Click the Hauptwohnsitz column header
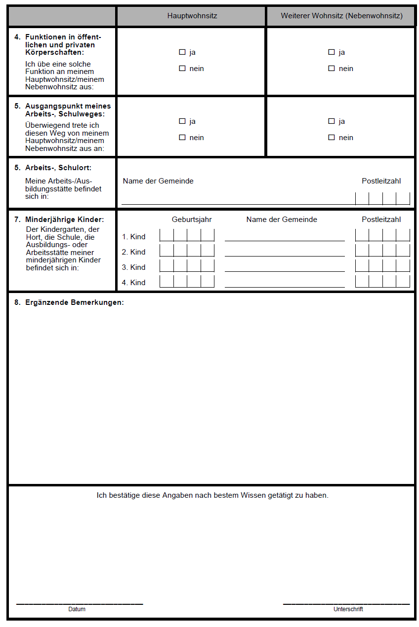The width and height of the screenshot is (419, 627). click(x=192, y=16)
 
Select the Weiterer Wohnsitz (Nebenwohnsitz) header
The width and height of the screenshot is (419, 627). click(x=341, y=16)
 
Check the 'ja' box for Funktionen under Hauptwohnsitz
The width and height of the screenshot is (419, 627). click(x=182, y=52)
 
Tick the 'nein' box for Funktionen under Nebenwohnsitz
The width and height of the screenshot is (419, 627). click(x=332, y=69)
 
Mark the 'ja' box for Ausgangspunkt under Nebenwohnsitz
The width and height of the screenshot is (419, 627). click(x=332, y=121)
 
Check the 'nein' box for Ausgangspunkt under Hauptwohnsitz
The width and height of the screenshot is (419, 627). click(x=182, y=138)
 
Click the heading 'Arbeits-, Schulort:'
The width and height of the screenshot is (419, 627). click(x=58, y=168)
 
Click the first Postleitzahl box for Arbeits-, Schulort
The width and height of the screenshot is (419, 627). click(x=362, y=198)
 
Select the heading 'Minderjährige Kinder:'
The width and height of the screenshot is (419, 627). click(x=64, y=220)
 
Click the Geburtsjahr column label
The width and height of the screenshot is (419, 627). click(x=192, y=220)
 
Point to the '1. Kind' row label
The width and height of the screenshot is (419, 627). click(x=134, y=237)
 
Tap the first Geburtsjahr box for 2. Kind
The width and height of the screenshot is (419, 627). click(x=167, y=251)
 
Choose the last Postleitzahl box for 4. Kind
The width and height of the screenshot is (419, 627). click(x=403, y=281)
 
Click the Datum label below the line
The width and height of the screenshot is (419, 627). click(x=77, y=609)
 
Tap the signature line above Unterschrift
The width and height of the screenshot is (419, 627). click(x=346, y=603)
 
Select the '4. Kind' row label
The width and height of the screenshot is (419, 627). click(x=134, y=283)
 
